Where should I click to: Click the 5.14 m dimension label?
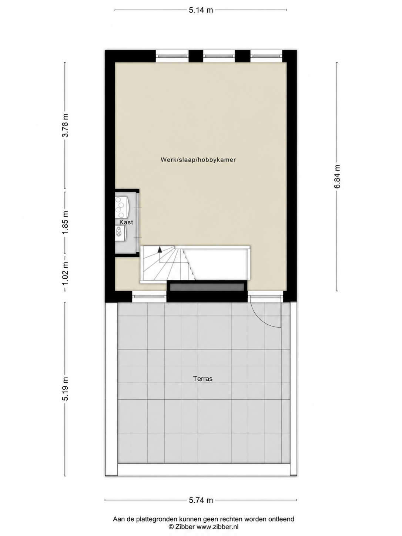click(x=201, y=10)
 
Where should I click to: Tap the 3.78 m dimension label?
click(x=66, y=125)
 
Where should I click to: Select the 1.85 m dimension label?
click(x=66, y=222)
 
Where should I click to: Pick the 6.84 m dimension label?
click(x=337, y=177)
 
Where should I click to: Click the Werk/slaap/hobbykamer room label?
click(x=198, y=160)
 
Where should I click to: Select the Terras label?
click(x=202, y=379)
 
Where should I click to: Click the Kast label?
click(x=126, y=222)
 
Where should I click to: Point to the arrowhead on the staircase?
click(x=160, y=249)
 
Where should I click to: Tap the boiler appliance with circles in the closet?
click(x=122, y=208)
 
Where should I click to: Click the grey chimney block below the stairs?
click(x=207, y=287)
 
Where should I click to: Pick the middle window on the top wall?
click(x=219, y=56)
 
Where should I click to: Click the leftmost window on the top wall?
click(x=172, y=56)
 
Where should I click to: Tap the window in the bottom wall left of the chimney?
click(x=150, y=297)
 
